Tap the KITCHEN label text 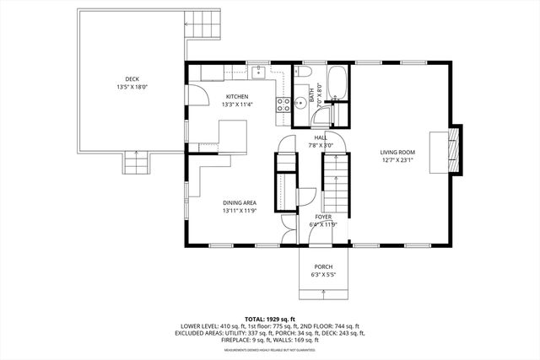[237, 97]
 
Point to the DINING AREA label [240, 202]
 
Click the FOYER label [323, 217]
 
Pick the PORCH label [324, 266]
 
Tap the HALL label [321, 137]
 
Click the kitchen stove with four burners [283, 105]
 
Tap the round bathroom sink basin [301, 106]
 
